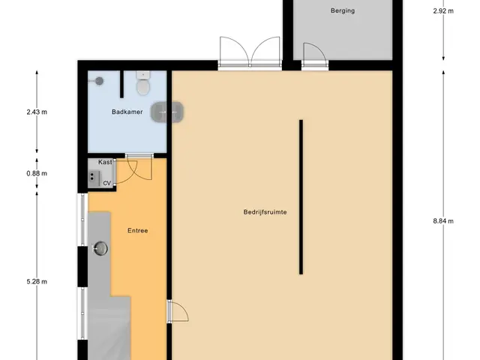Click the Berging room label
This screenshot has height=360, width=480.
coord(343,10)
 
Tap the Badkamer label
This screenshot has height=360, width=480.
coord(127,112)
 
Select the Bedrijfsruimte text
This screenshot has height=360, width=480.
coord(265,211)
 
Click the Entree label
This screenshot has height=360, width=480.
coord(138,230)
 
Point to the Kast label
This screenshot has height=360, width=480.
coord(105,162)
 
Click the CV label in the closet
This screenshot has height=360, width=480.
coord(106,183)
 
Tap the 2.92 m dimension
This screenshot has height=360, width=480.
coord(443,11)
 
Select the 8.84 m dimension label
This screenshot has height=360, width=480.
coord(443,221)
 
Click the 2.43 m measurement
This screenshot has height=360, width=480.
coord(37,112)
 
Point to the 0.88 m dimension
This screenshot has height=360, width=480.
coord(37,173)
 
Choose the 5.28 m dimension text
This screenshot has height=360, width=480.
coord(37,282)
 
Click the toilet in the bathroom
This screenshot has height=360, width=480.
coord(143,82)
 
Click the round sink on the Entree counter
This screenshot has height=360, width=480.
coord(100,248)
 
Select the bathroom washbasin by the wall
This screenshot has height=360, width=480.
coord(167,112)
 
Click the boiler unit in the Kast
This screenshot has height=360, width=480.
coord(94,179)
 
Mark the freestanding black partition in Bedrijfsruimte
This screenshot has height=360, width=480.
coord(301,196)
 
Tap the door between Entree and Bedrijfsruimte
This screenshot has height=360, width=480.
coord(178,311)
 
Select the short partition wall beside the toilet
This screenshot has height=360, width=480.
coord(121,84)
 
